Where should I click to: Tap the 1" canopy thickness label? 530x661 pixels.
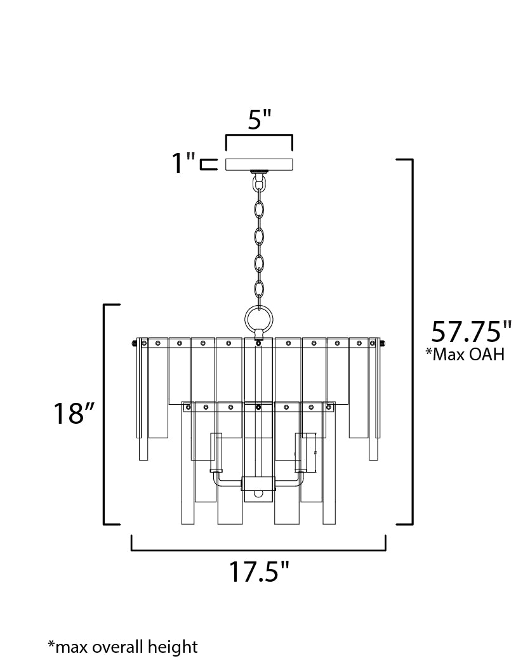pyautogui.click(x=183, y=163)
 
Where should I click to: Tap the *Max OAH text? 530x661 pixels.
pyautogui.click(x=465, y=354)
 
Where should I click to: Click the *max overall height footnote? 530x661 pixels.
pyautogui.click(x=123, y=646)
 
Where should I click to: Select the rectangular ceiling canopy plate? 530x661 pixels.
pyautogui.click(x=260, y=164)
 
